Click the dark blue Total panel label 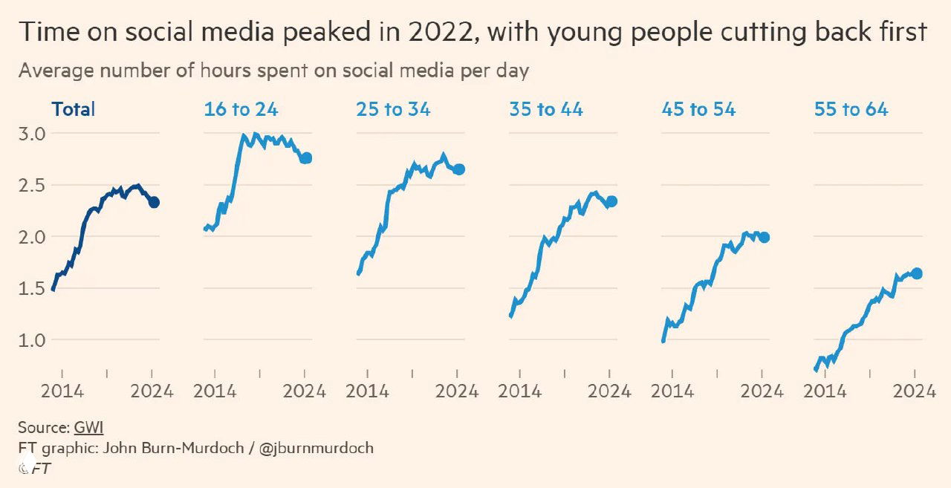(74, 109)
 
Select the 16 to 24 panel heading (241, 109)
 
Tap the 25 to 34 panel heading (393, 109)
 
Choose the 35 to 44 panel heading (546, 109)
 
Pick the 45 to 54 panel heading (698, 109)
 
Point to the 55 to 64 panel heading (851, 109)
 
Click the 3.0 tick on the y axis (30, 134)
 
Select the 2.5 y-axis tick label (30, 185)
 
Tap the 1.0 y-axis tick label (30, 340)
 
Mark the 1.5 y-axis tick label (30, 288)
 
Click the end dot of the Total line (154, 202)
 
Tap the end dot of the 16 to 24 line (306, 157)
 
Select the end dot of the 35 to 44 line (611, 201)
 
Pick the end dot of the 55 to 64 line (917, 273)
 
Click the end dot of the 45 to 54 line (764, 237)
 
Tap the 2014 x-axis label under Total (62, 391)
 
